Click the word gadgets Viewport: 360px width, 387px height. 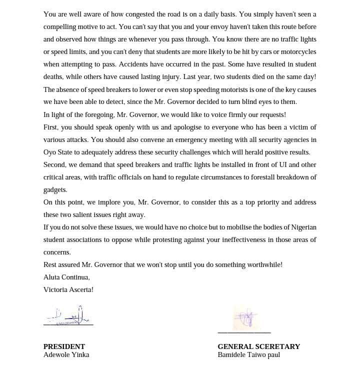point(55,190)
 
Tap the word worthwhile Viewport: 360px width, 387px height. point(262,265)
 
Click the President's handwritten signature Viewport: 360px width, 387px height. point(68,316)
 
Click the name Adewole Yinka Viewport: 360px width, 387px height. point(66,355)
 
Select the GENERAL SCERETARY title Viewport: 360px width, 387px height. point(258,346)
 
